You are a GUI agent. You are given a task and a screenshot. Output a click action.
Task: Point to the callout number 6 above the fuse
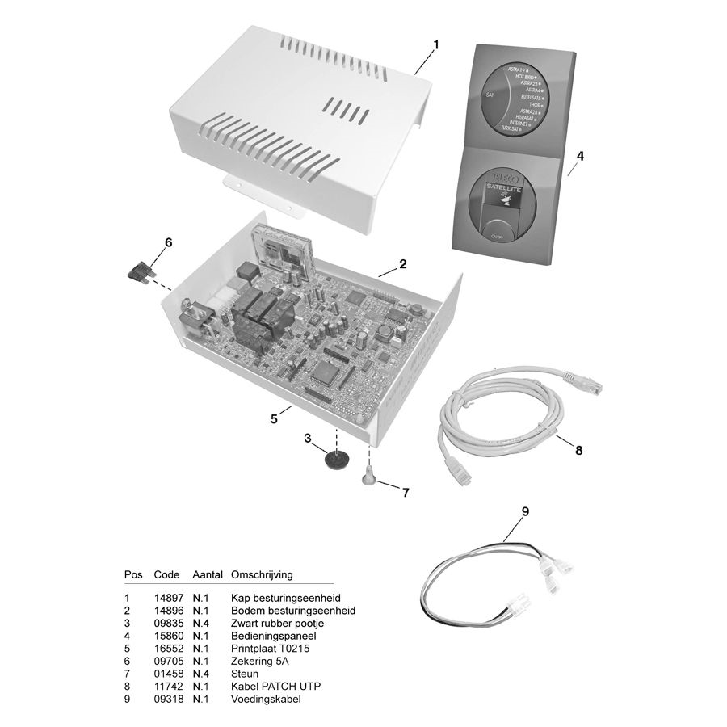tap(168, 242)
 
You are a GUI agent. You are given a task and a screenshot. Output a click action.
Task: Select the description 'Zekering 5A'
tap(258, 661)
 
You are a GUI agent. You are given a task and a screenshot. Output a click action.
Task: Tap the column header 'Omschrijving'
tap(262, 574)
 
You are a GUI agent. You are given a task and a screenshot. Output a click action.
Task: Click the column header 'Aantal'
tap(208, 574)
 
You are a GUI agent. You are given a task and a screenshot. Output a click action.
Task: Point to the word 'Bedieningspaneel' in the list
tap(272, 636)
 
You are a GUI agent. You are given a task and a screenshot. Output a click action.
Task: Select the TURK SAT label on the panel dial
tap(510, 128)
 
